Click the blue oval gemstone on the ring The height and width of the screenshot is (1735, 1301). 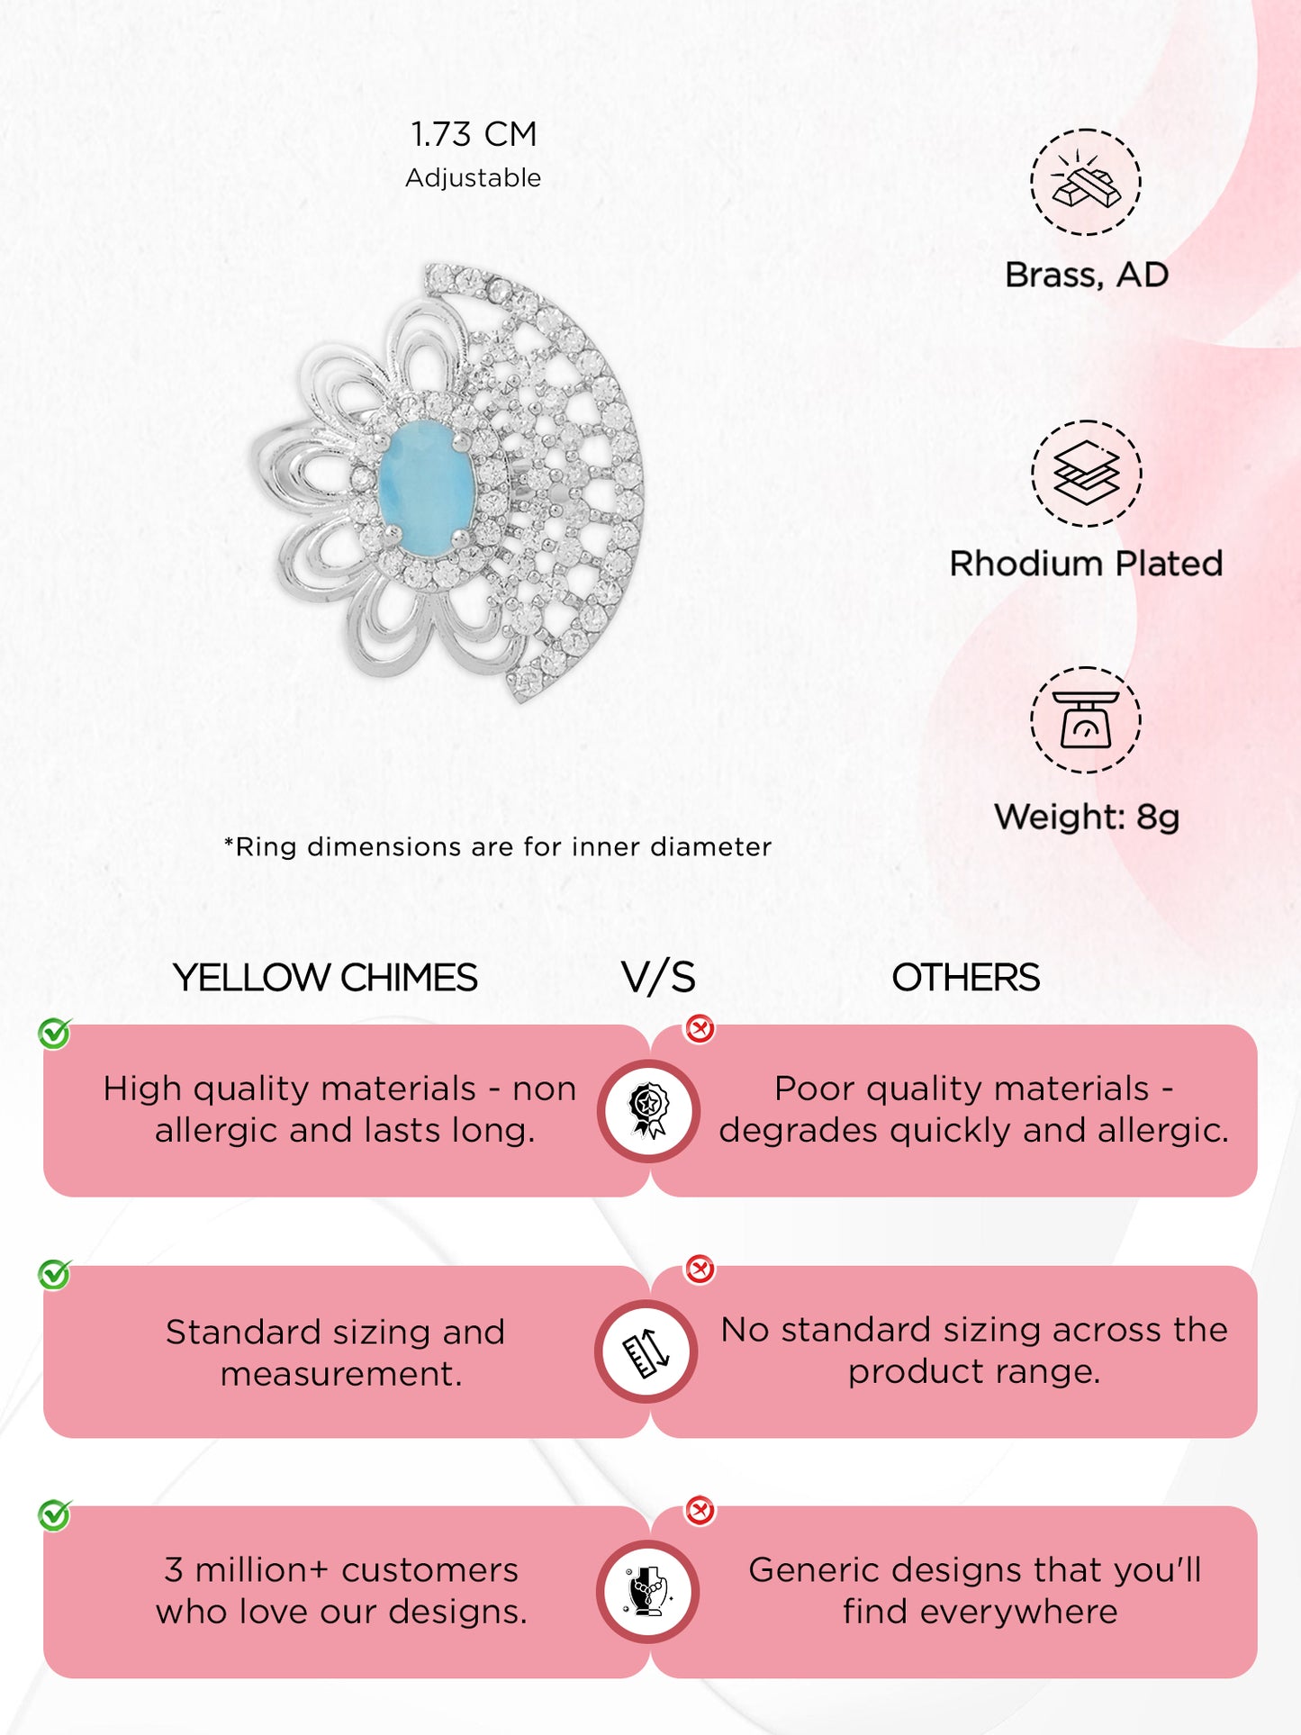pyautogui.click(x=425, y=478)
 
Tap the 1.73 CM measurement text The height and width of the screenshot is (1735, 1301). pyautogui.click(x=474, y=134)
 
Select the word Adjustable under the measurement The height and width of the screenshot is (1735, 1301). pyautogui.click(x=474, y=177)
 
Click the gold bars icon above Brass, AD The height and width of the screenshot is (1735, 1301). pyautogui.click(x=1086, y=182)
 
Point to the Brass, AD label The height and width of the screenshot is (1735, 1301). pyautogui.click(x=1087, y=275)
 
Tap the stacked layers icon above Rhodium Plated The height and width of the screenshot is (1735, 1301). pyautogui.click(x=1086, y=473)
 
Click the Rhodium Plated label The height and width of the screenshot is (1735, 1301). pyautogui.click(x=1086, y=564)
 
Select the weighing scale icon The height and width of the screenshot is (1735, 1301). pyautogui.click(x=1086, y=719)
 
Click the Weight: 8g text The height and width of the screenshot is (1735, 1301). pyautogui.click(x=1087, y=817)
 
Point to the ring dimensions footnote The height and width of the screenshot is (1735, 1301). pyautogui.click(x=498, y=846)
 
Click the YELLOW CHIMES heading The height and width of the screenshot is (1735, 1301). pyautogui.click(x=325, y=978)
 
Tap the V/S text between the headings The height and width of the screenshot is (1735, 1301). pyautogui.click(x=658, y=978)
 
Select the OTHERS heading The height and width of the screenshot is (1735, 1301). pyautogui.click(x=965, y=978)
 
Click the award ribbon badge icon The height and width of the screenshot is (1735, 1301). pyautogui.click(x=648, y=1110)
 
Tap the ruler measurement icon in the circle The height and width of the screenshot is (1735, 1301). pyautogui.click(x=646, y=1351)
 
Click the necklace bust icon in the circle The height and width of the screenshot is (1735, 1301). pyautogui.click(x=647, y=1592)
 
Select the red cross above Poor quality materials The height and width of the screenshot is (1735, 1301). pyautogui.click(x=700, y=1028)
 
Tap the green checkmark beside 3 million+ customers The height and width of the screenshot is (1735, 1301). pyautogui.click(x=55, y=1514)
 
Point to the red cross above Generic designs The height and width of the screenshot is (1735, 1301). pyautogui.click(x=700, y=1510)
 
